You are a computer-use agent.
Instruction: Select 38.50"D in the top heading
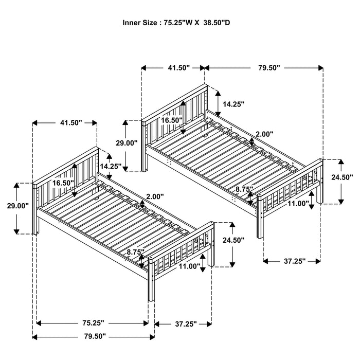220,23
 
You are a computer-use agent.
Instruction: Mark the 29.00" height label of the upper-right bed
127,143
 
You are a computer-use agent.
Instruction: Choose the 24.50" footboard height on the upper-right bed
342,177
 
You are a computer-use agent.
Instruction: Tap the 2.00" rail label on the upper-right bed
264,134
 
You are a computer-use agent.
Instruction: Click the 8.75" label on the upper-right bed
244,189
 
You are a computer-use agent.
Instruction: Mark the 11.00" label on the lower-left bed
190,266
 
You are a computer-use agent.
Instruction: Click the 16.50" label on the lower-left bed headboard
62,183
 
